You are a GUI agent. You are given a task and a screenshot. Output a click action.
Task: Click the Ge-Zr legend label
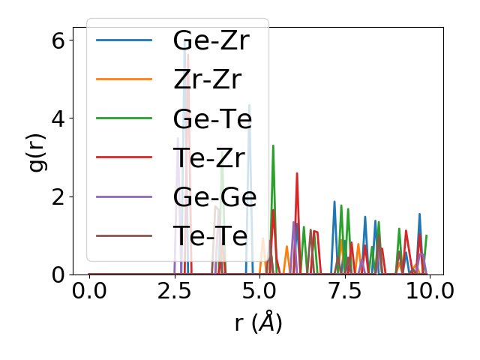[x=210, y=40]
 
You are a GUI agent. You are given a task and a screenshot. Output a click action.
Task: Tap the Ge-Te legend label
[x=211, y=118]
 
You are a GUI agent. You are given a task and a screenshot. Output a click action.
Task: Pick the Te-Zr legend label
[x=210, y=157]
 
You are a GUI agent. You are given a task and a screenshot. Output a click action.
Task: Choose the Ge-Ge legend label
[x=214, y=196]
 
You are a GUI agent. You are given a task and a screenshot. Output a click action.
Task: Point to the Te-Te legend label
[x=210, y=236]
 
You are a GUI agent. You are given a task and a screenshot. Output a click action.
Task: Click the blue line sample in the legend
[x=124, y=40]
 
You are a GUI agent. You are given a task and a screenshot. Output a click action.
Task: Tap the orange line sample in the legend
[x=124, y=79]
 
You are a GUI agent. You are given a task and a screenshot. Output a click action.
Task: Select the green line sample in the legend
[x=124, y=118]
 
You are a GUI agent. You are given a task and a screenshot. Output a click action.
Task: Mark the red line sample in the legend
[x=124, y=157]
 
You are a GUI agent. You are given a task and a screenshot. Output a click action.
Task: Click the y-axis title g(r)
[x=37, y=151]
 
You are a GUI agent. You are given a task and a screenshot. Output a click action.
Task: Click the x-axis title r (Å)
[x=258, y=323]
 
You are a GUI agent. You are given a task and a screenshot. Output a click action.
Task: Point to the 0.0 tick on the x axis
[x=89, y=291]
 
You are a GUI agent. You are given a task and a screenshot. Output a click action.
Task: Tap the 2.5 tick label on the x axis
[x=174, y=291]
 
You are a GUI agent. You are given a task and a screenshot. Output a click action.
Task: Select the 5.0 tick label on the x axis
[x=259, y=291]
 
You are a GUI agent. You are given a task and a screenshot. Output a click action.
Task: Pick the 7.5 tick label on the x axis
[x=344, y=291]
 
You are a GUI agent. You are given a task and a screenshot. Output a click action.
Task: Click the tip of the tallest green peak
[x=273, y=145]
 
